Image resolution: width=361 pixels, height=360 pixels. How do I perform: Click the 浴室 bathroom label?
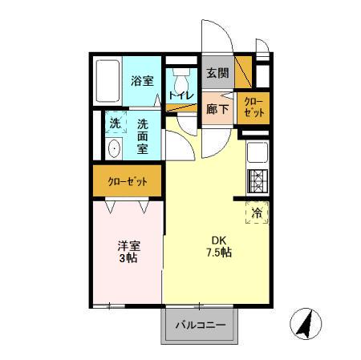[142, 81]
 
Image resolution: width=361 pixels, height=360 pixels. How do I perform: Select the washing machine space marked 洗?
[115, 123]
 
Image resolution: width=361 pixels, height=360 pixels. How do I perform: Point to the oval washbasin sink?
[113, 149]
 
